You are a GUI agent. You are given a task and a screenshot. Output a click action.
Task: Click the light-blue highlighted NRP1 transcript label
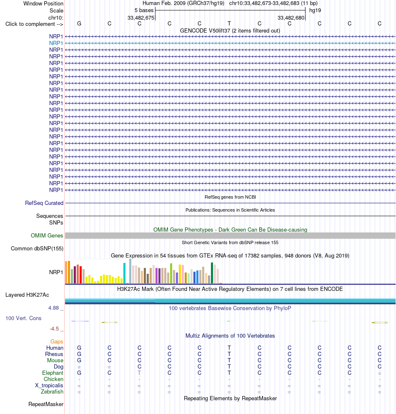(x=56, y=43)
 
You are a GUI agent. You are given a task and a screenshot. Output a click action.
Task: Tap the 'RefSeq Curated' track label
(x=44, y=203)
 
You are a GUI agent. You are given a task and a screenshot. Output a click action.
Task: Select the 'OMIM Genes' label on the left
(x=47, y=235)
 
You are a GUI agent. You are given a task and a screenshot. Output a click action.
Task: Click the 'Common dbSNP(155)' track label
(x=37, y=248)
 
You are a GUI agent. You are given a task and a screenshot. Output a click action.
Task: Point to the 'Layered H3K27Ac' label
(x=27, y=295)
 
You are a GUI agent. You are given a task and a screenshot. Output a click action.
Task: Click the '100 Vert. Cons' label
(x=23, y=318)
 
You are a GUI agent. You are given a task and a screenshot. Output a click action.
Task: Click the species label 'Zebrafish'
(x=52, y=391)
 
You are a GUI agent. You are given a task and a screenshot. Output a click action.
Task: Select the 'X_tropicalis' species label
(x=49, y=386)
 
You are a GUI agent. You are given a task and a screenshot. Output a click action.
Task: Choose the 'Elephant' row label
(x=53, y=373)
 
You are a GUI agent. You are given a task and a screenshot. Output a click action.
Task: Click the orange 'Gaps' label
(x=57, y=342)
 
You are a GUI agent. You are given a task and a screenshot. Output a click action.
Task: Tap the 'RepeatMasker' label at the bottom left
(x=46, y=404)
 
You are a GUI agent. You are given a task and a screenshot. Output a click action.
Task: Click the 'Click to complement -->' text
(x=34, y=24)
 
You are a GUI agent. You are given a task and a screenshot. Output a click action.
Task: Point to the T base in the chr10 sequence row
(x=229, y=23)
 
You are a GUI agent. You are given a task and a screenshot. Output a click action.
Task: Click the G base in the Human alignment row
(x=79, y=348)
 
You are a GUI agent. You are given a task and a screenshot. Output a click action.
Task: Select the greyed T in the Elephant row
(x=139, y=373)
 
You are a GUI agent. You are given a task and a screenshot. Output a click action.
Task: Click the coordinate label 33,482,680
(x=291, y=18)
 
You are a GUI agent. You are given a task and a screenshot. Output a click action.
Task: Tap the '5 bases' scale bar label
(x=144, y=10)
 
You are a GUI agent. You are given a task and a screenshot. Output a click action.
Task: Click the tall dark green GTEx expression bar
(x=212, y=273)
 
